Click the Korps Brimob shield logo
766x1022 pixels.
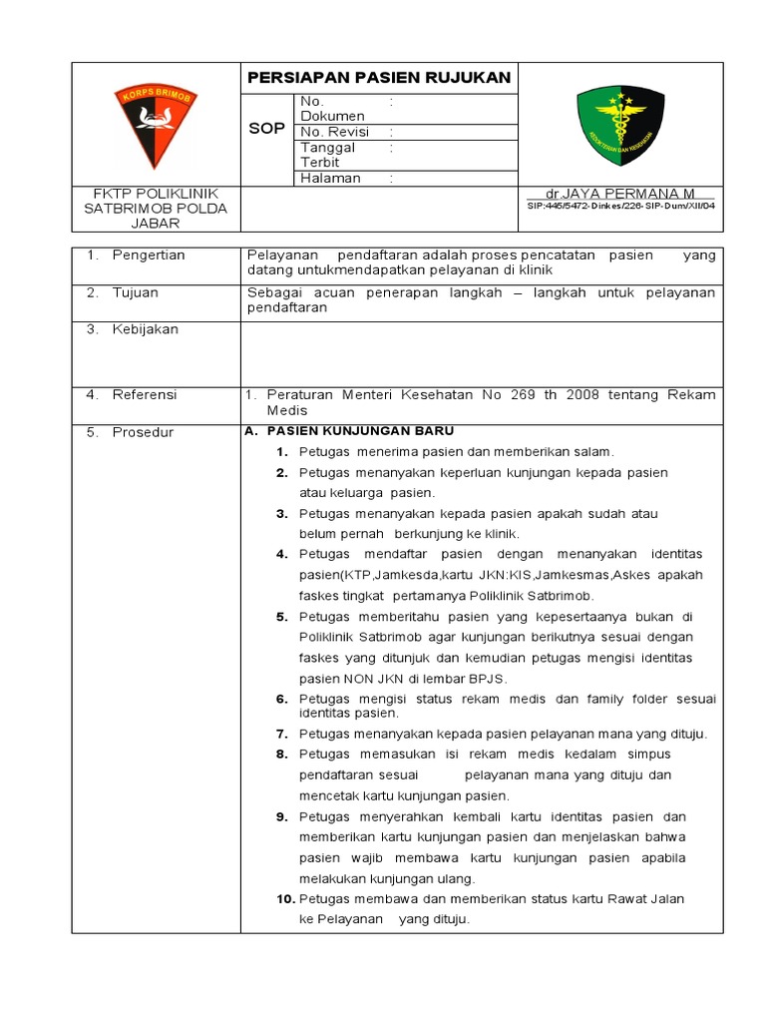pos(156,125)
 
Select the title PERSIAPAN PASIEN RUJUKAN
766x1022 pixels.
pos(378,78)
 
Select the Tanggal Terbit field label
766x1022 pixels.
pos(327,155)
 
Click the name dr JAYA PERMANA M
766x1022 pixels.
pos(620,193)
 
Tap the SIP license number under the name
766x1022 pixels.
pos(620,206)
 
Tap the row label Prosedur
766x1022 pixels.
pos(143,432)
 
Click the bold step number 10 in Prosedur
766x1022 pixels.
pos(285,899)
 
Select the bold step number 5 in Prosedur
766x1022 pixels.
pos(282,617)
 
